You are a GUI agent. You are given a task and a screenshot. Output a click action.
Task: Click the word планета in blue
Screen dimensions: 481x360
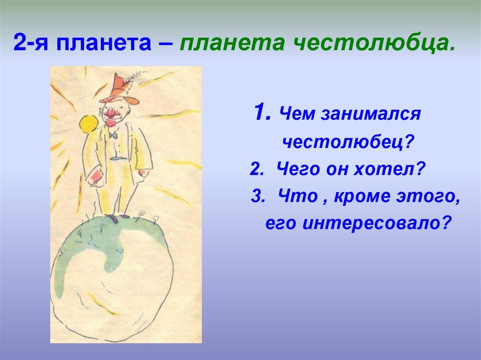(x=104, y=43)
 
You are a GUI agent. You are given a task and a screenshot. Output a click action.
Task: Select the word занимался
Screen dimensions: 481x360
(x=371, y=114)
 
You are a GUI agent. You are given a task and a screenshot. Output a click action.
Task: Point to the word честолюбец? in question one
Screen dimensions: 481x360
(x=348, y=141)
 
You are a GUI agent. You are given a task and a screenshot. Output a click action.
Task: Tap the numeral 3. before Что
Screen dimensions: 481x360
(x=258, y=196)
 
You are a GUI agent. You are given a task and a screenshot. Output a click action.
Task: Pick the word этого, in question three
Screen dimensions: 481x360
(x=428, y=197)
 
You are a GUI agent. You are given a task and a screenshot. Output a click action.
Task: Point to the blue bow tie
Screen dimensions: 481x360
(x=113, y=135)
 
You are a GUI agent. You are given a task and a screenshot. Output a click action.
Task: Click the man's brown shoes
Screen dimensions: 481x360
(x=118, y=217)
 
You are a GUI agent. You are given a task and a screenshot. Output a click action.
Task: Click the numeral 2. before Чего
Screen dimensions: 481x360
(x=257, y=169)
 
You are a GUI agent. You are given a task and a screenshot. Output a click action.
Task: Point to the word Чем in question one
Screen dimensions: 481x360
(x=297, y=114)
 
